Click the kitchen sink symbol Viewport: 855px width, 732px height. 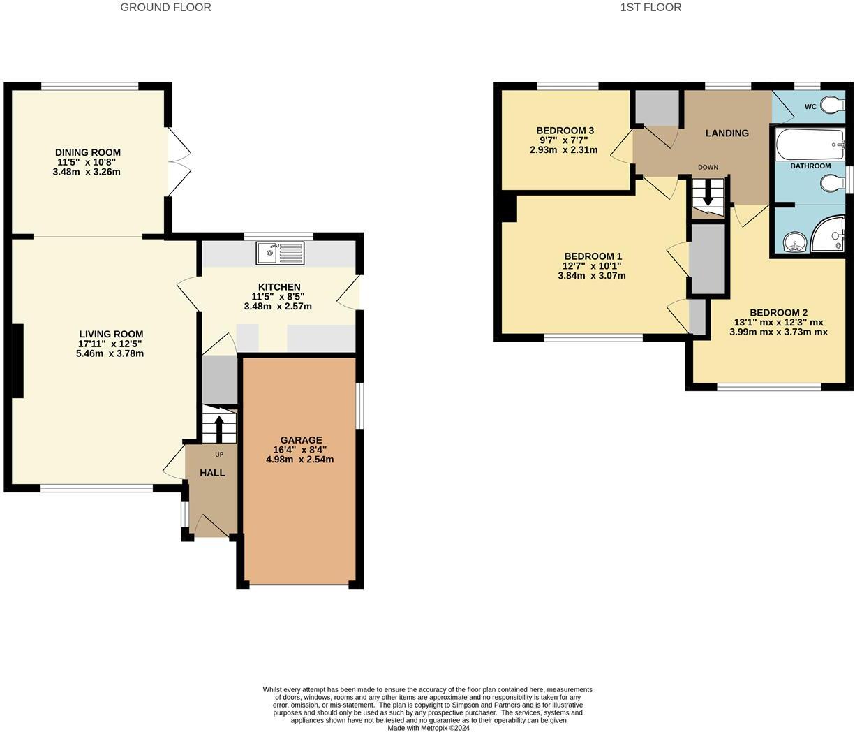280,253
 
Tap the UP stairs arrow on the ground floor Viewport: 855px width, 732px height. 219,428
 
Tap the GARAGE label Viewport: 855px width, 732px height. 299,440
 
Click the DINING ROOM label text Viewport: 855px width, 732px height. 88,152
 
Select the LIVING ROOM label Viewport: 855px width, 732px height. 110,334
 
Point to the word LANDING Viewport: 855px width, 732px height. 727,133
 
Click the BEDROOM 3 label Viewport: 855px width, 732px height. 565,131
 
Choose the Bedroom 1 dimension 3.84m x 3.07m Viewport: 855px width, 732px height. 591,276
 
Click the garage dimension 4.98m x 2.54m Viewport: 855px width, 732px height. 299,460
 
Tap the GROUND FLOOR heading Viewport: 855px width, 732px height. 165,8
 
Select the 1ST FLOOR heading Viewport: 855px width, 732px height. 650,8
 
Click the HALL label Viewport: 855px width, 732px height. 212,473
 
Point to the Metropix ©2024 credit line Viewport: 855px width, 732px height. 428,728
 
